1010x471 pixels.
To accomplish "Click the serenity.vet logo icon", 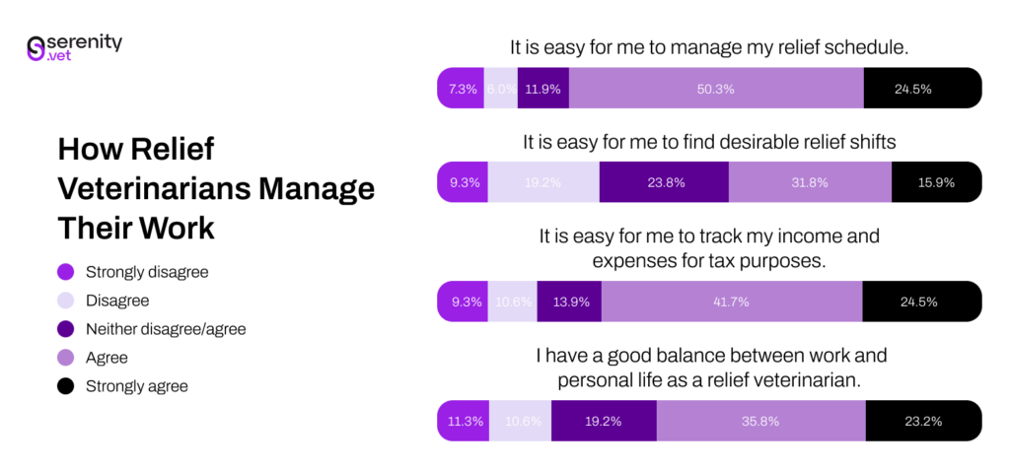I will point(36,49).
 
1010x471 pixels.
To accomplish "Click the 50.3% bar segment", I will point(716,89).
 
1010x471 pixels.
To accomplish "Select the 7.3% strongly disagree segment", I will point(462,89).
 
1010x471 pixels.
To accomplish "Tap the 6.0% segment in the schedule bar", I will point(501,89).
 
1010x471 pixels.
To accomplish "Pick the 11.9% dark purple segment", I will point(542,89).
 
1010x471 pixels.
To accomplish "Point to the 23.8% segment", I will point(664,182).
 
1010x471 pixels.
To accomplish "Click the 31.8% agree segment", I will point(810,182).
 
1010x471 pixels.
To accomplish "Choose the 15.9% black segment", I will point(936,182).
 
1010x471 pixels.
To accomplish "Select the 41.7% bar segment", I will point(732,302).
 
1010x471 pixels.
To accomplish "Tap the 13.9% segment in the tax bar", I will point(569,302).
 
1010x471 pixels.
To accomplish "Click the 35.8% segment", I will point(760,421).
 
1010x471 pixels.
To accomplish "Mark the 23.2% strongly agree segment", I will point(922,421).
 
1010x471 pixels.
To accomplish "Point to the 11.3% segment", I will point(464,421).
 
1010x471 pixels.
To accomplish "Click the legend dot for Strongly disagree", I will point(66,272).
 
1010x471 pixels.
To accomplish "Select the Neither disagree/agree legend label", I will point(166,329).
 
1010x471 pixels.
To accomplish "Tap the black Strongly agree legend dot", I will point(66,386).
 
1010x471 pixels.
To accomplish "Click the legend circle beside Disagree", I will point(66,301).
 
